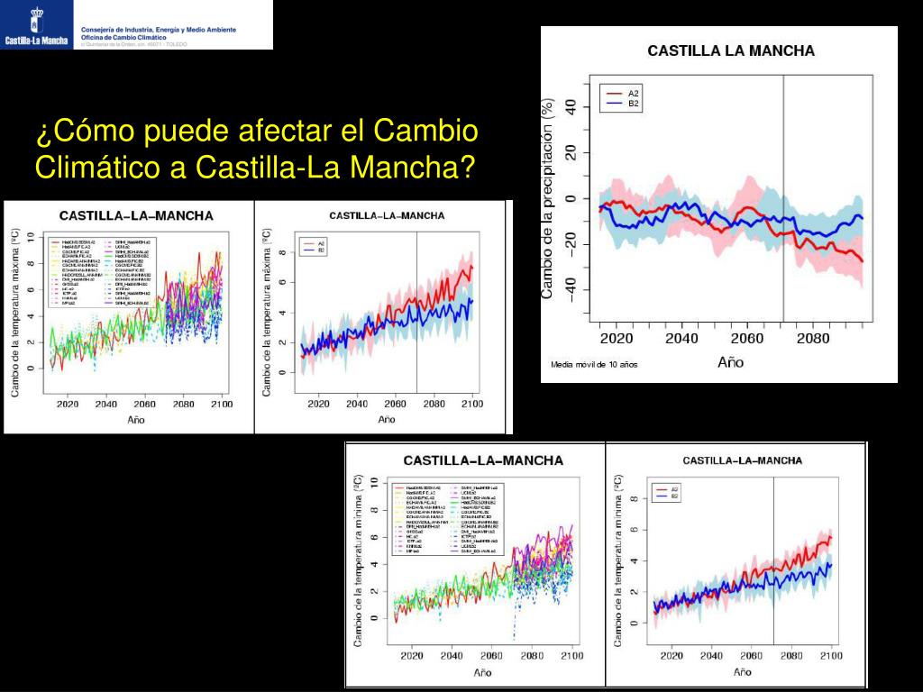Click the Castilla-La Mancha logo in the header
(x=37, y=25)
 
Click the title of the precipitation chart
(x=730, y=51)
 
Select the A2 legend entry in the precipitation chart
(x=634, y=94)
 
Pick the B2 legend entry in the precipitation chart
(x=634, y=105)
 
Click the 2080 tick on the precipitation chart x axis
(x=814, y=339)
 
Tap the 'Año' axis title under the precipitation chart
(x=730, y=362)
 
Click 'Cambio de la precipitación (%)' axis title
(x=547, y=198)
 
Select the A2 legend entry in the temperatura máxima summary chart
(x=320, y=243)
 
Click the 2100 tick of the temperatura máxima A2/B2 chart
(x=472, y=405)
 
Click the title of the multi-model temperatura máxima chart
(x=136, y=216)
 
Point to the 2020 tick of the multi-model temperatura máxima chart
(x=67, y=405)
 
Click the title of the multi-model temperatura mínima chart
(x=483, y=460)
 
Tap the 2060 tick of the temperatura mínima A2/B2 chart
(x=752, y=656)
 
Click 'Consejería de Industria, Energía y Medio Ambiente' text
(x=159, y=30)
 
